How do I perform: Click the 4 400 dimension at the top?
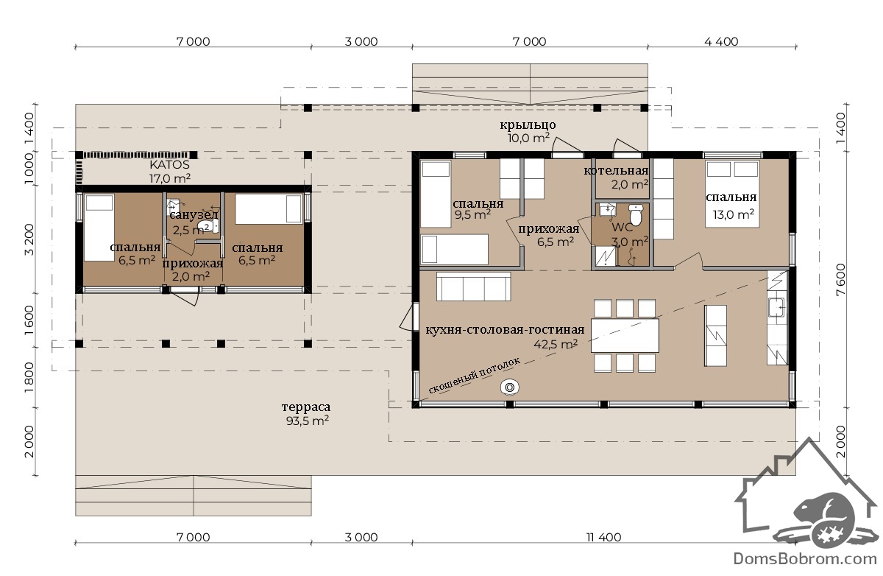coord(721,41)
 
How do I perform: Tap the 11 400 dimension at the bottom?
coord(603,537)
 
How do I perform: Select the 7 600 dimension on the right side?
coord(840,279)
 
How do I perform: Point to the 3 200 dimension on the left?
coord(29,239)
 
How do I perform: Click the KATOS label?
coord(169,164)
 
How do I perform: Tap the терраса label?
coord(306,407)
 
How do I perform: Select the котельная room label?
coord(616,170)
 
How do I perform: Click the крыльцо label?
coord(528,125)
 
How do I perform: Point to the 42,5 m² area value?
coord(556,344)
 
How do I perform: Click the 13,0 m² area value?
coord(733,214)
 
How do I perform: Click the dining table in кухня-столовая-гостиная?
coord(625,335)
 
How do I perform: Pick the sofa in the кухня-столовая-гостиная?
coord(473,286)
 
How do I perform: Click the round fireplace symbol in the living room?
coord(509,387)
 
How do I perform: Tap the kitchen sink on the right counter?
coord(776,307)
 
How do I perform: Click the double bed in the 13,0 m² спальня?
coord(733,194)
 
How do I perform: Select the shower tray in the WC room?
coord(605,256)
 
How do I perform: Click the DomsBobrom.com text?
coord(805,558)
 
